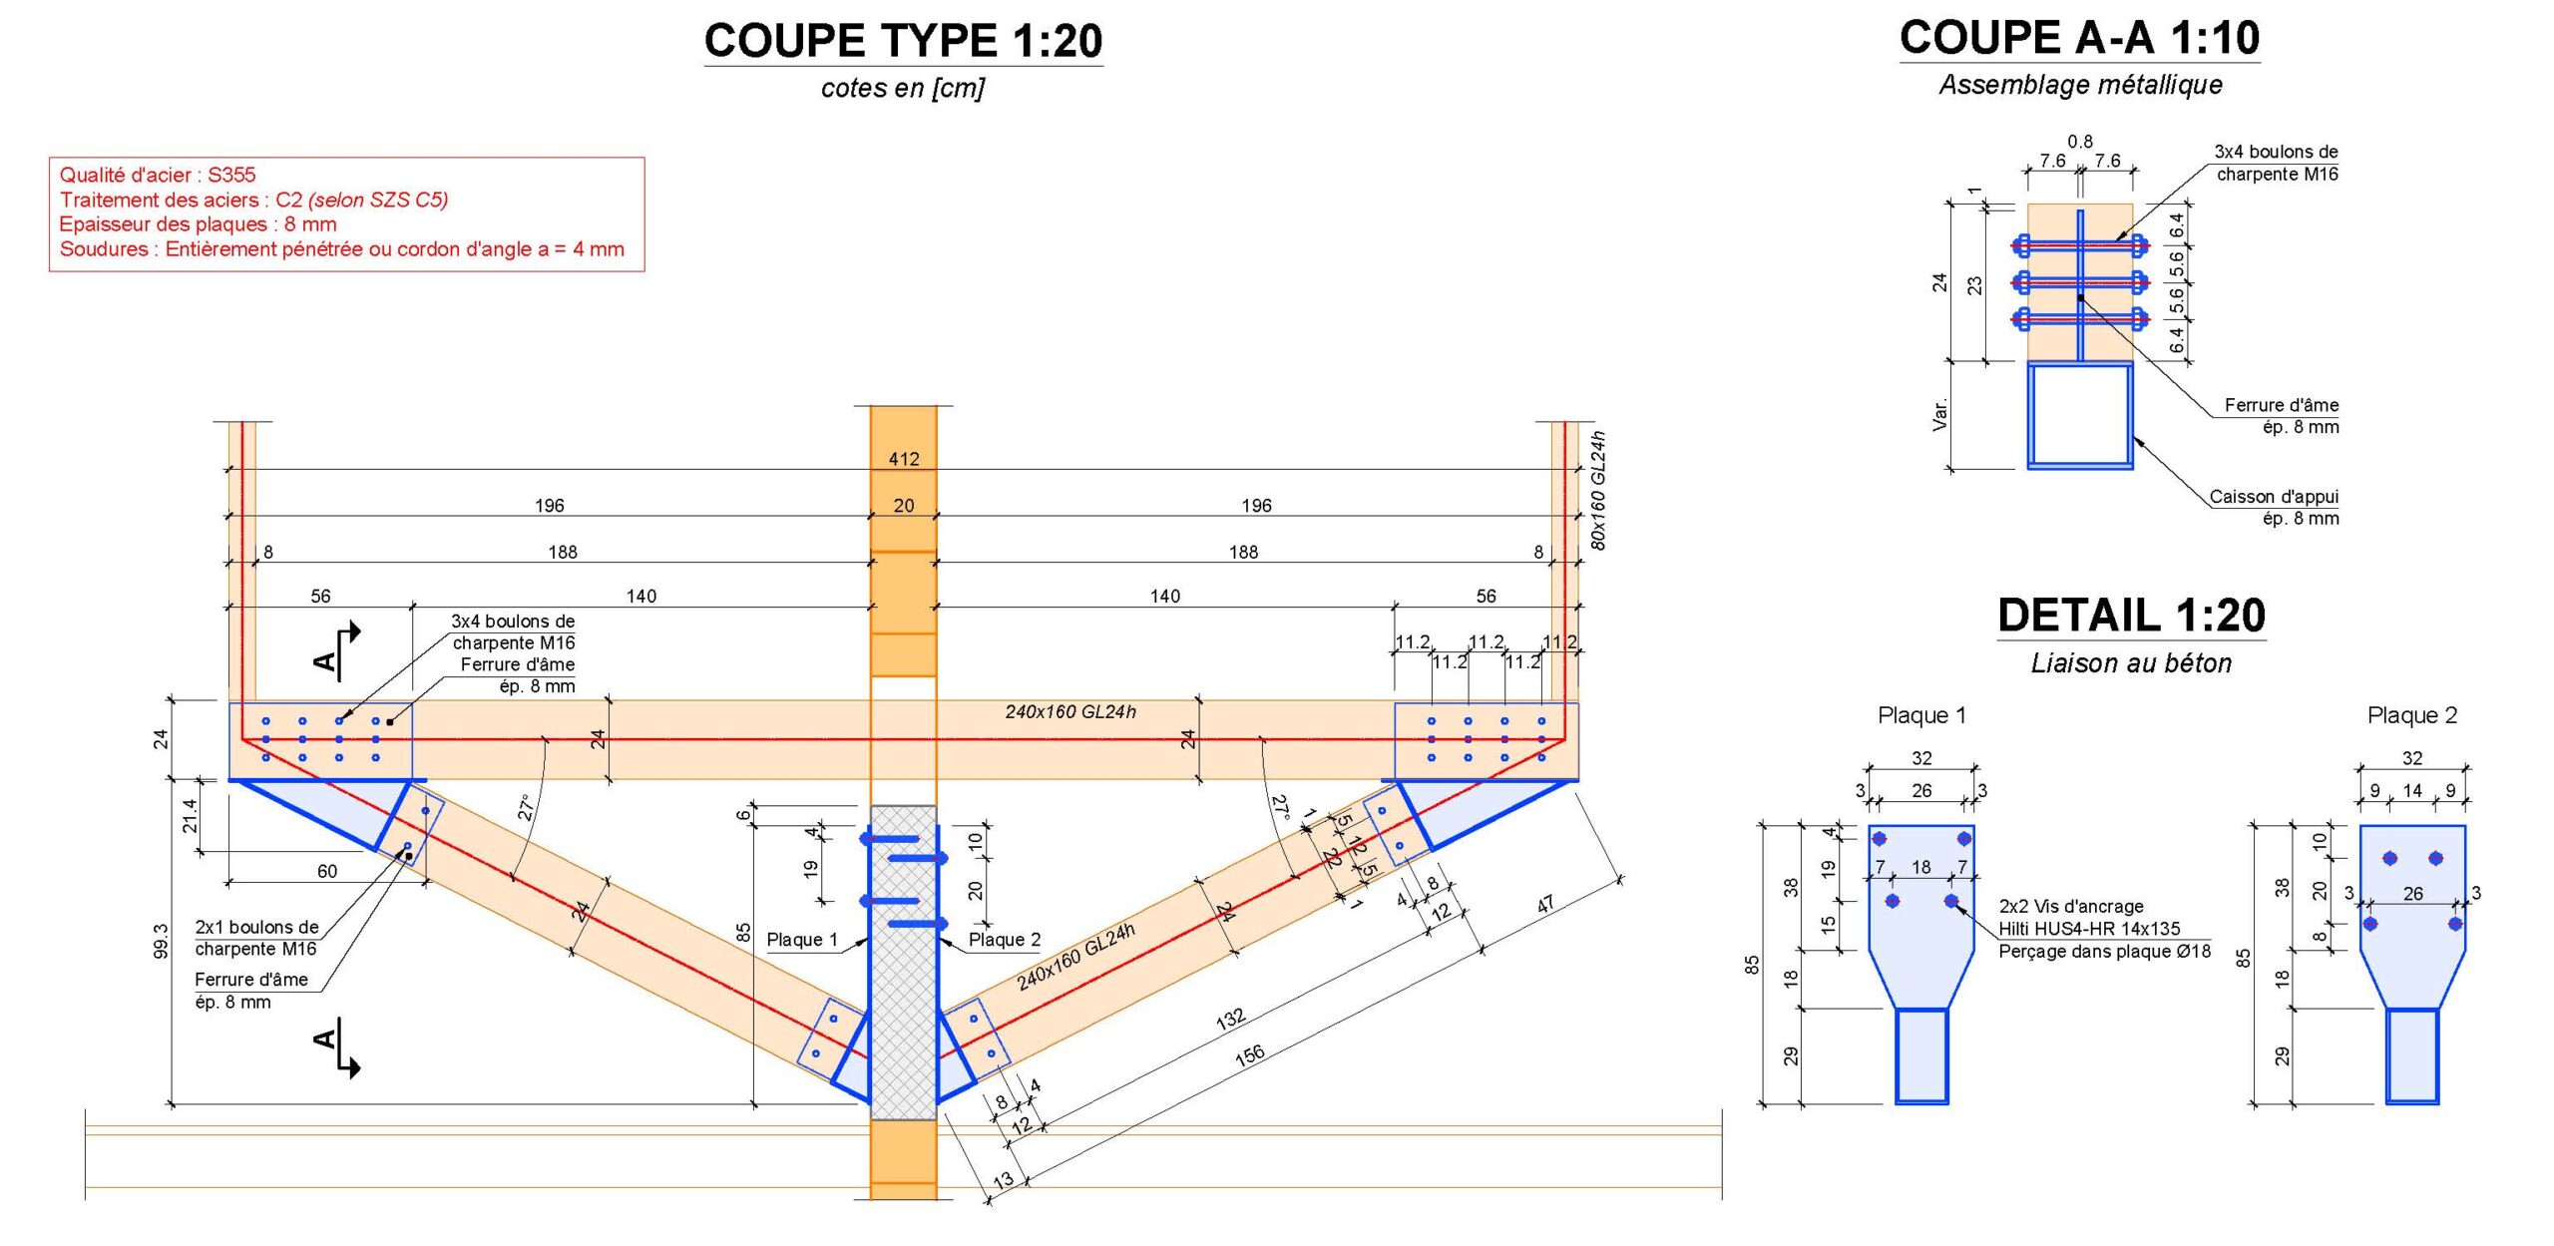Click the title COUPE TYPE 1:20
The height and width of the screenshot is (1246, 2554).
(x=903, y=41)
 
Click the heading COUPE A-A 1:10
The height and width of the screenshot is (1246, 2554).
(x=2079, y=38)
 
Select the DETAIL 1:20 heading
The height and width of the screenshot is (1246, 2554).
(x=2131, y=615)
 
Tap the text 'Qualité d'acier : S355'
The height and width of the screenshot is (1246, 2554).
(x=158, y=175)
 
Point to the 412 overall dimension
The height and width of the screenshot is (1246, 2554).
(x=904, y=459)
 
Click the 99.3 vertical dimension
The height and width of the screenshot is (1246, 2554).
(x=161, y=941)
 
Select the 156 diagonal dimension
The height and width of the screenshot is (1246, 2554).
(x=1249, y=1055)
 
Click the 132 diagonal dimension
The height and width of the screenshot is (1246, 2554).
(x=1230, y=1018)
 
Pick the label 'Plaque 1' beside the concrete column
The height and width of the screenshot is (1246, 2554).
(x=802, y=940)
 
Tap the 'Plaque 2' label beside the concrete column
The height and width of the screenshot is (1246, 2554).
(x=1005, y=940)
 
